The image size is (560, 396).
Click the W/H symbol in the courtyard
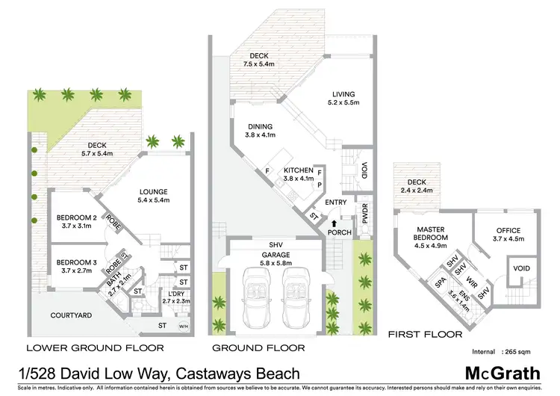[184, 327]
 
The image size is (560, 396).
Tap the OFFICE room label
[507, 235]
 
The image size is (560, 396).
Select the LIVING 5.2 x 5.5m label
[345, 98]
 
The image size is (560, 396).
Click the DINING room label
[261, 131]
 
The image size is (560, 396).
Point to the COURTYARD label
[72, 315]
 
